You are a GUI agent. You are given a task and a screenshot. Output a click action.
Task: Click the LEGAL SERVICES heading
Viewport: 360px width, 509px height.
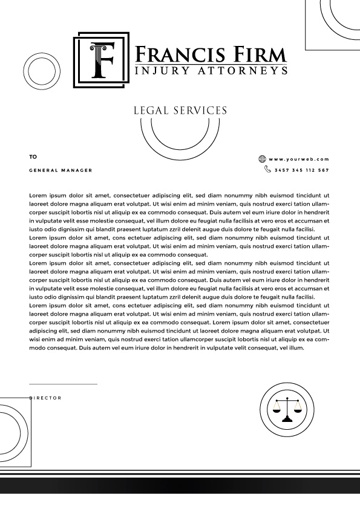[180, 111]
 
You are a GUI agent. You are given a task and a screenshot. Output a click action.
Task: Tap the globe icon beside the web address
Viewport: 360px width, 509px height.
[262, 159]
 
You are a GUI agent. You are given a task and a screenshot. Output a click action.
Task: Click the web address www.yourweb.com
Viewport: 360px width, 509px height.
[299, 159]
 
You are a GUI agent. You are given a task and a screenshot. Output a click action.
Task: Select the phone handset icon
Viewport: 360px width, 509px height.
[267, 170]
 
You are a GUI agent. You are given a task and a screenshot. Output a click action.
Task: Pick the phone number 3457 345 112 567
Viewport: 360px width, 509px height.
[301, 170]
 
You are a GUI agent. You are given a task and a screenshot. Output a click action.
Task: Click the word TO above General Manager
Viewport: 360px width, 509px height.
[33, 157]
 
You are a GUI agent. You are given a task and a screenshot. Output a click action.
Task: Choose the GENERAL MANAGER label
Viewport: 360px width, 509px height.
[61, 170]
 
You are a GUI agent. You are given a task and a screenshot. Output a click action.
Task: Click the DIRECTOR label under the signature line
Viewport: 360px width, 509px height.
[45, 398]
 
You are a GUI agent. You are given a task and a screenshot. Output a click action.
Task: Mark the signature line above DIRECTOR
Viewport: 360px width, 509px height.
[63, 384]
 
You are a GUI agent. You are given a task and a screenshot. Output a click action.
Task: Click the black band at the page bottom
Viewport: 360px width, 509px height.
[180, 485]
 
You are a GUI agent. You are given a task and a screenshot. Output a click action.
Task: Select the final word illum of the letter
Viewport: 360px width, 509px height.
[296, 348]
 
